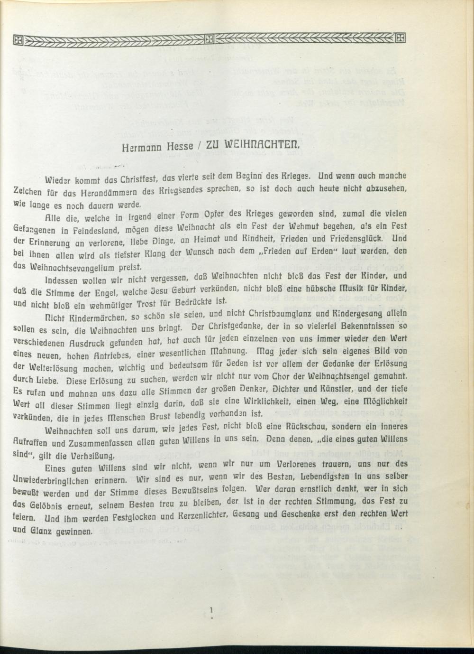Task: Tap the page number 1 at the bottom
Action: pyautogui.click(x=211, y=609)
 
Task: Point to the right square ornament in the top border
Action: pyautogui.click(x=401, y=37)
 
